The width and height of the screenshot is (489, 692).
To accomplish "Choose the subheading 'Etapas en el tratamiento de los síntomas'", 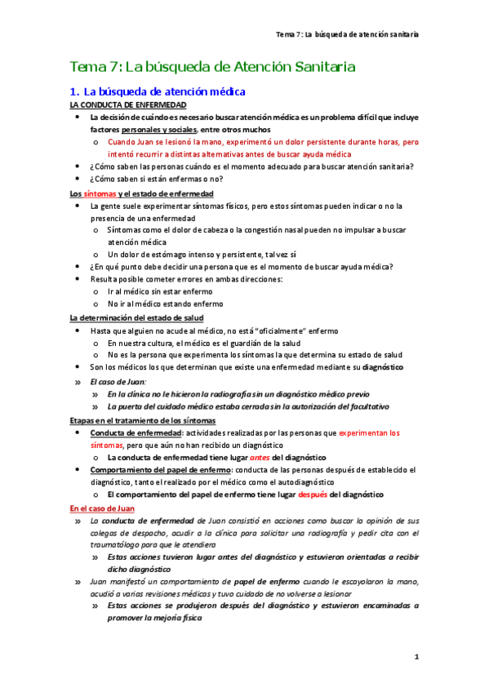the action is point(136,419).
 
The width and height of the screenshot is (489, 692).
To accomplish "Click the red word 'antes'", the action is point(260,458).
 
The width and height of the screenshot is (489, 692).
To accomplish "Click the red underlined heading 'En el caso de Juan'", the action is point(102,508).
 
